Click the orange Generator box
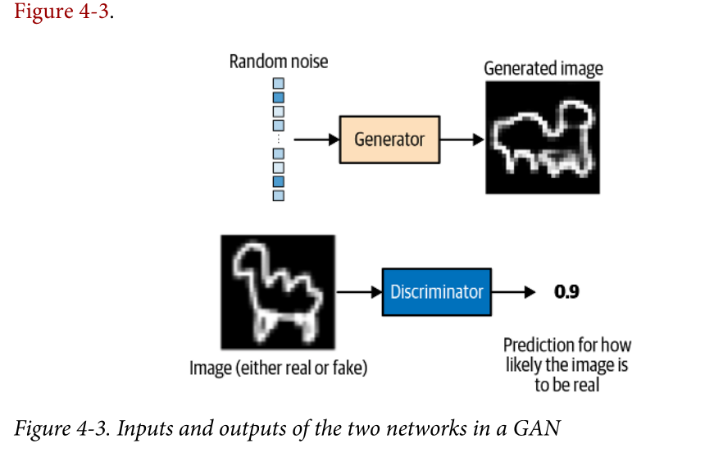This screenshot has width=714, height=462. (x=389, y=140)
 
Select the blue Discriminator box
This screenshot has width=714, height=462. (x=436, y=291)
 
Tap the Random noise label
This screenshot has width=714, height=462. (x=278, y=62)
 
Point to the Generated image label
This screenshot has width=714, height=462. (x=543, y=68)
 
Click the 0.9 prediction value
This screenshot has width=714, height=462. (x=566, y=291)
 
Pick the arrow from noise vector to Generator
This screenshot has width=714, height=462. (x=316, y=140)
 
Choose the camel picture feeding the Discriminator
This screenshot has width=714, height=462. (x=278, y=291)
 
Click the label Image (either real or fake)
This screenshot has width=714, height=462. (x=278, y=368)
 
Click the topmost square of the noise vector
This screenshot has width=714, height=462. (x=278, y=83)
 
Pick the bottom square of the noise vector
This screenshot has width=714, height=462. (x=278, y=195)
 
